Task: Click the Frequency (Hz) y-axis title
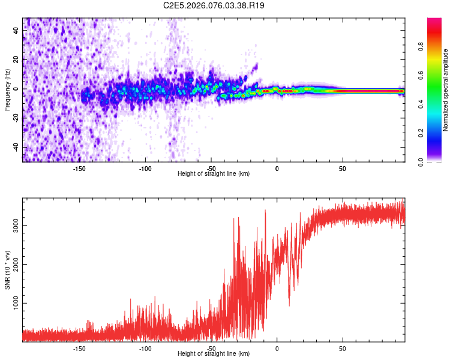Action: coord(7,89)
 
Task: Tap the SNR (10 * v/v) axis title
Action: coord(7,269)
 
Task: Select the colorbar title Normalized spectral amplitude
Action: coord(446,89)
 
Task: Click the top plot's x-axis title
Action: coord(214,174)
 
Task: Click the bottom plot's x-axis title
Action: coord(214,354)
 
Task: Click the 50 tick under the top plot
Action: coord(342,169)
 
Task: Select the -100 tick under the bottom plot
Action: coord(145,349)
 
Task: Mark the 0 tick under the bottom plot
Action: coord(277,349)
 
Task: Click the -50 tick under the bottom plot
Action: coord(211,349)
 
